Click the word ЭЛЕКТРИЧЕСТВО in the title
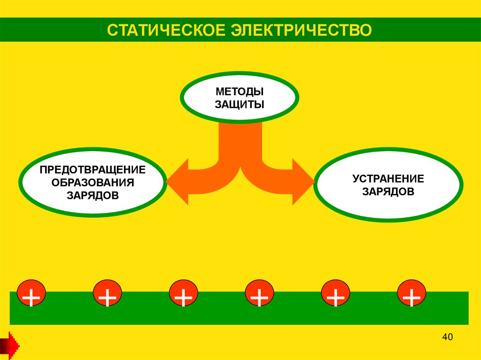click(301, 30)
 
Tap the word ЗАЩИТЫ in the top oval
click(240, 104)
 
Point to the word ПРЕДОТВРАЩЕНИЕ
click(93, 169)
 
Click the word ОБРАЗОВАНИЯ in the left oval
click(93, 182)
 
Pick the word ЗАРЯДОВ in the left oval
click(93, 195)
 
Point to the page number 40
click(447, 337)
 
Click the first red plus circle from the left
click(31, 295)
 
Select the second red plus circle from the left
click(107, 295)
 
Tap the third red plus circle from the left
click(183, 295)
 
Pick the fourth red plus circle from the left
click(259, 295)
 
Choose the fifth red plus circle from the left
click(335, 295)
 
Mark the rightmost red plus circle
click(411, 295)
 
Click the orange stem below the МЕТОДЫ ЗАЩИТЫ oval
click(240, 141)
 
